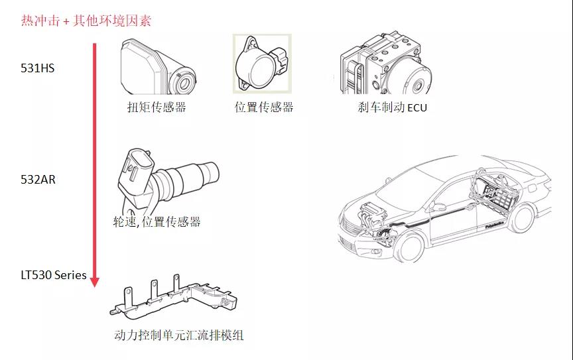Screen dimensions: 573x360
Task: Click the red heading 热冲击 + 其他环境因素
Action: [86, 21]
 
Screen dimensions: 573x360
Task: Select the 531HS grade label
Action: [38, 68]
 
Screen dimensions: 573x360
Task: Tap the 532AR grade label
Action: [38, 180]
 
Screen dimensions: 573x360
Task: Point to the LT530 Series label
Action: [54, 275]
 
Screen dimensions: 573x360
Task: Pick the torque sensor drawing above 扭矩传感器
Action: [159, 67]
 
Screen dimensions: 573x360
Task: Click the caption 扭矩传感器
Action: [157, 107]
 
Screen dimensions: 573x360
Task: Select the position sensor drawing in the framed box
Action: [263, 63]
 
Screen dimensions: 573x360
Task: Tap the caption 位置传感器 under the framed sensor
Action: [264, 107]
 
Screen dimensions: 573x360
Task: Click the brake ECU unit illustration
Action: [385, 63]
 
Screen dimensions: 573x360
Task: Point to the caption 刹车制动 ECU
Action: [393, 107]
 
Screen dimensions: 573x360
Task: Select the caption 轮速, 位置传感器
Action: [157, 221]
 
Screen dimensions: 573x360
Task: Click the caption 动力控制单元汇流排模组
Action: [178, 335]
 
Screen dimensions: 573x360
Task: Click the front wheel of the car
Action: [410, 247]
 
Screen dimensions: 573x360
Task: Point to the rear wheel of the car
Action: [522, 219]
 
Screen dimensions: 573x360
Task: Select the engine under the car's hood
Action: [373, 215]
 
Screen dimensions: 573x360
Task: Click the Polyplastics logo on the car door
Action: [495, 225]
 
